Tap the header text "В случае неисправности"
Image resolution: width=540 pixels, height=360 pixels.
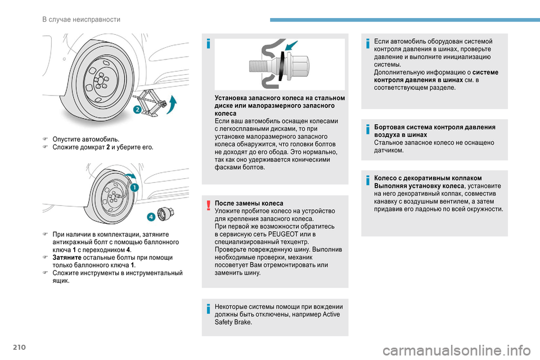coord(81,20)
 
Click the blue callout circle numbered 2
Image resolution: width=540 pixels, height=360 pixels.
coord(137,110)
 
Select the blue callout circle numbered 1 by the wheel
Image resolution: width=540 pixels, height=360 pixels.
coord(135,188)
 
